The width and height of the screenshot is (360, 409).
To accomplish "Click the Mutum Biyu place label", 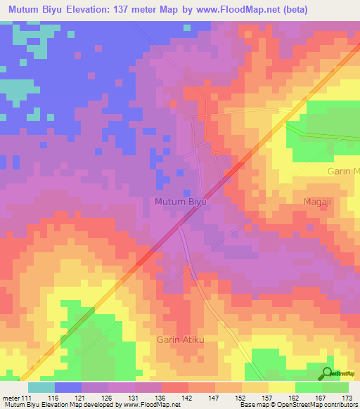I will click(180, 202).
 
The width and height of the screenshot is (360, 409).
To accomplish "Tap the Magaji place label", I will click(318, 202).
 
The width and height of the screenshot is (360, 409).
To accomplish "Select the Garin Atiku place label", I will click(180, 340).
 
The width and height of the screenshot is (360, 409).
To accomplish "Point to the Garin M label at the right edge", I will click(344, 171).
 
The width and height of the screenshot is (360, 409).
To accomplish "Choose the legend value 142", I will click(188, 398).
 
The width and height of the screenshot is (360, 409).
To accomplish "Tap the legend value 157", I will click(269, 398).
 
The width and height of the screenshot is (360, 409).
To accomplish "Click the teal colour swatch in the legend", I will click(41, 387).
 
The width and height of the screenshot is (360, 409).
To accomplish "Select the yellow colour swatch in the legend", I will click(282, 387).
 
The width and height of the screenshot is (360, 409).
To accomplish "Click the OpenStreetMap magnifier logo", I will click(327, 373).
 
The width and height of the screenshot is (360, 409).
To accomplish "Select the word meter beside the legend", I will click(11, 398).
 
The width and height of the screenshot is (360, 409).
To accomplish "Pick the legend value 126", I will click(108, 398).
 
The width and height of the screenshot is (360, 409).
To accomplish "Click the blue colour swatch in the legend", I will click(68, 387).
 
